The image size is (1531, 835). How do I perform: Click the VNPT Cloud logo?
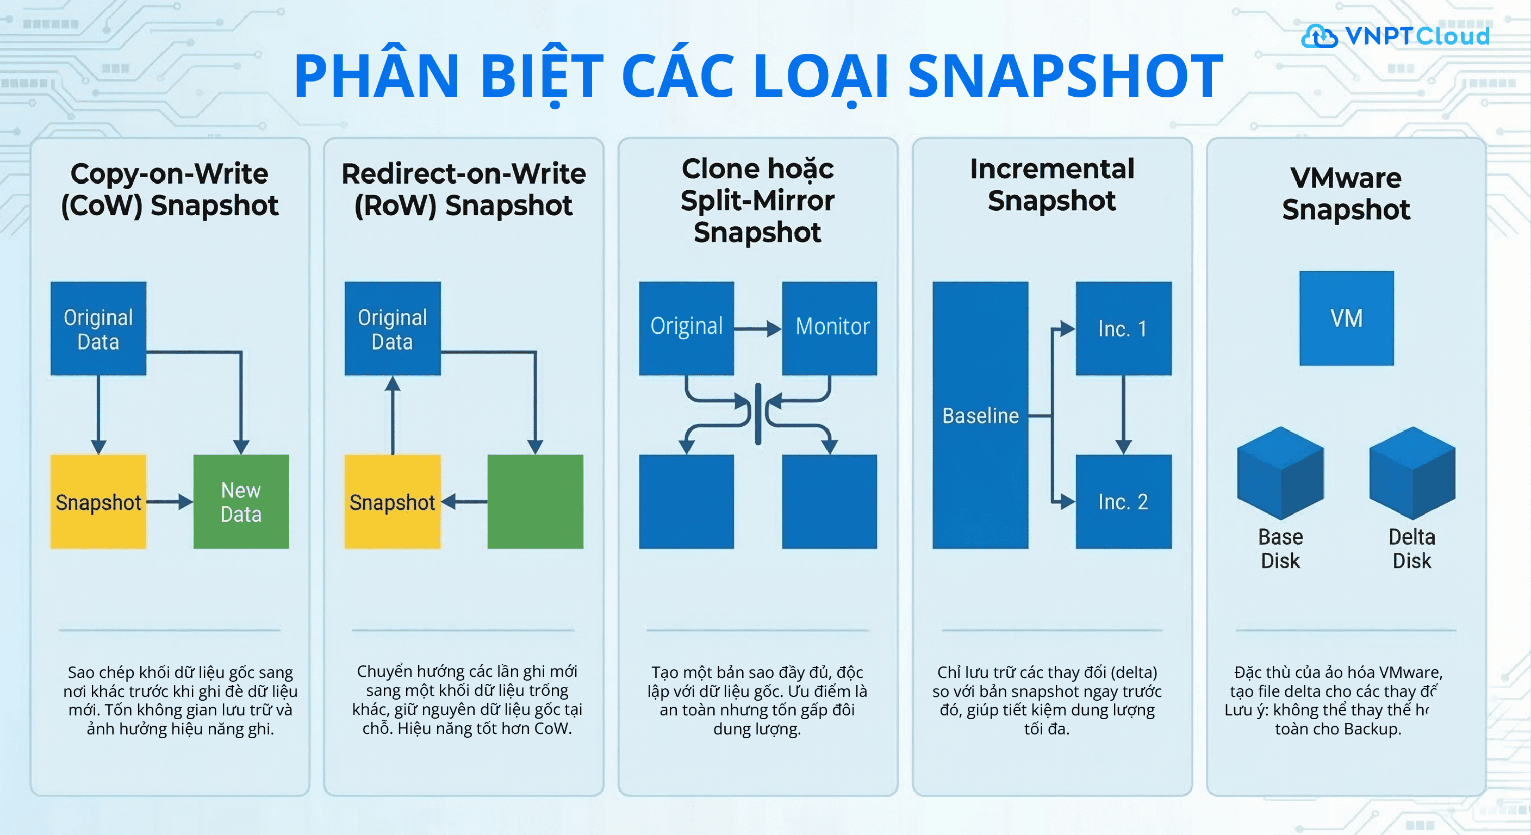pos(1395,36)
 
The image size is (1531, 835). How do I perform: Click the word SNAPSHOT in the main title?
pos(1065,76)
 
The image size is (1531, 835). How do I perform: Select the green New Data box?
pos(241,502)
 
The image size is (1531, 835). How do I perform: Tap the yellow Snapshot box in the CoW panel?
pos(98,502)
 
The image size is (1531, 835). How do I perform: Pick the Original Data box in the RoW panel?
pos(392,329)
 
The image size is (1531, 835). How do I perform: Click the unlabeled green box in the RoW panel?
pos(535,502)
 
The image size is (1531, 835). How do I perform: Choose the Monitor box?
pos(829,329)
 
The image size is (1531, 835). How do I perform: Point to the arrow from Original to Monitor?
pos(757,329)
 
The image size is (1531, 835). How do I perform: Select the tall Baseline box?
pos(980,415)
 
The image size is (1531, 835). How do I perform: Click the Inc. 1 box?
pos(1123,329)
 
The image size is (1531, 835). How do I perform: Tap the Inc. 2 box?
pos(1123,502)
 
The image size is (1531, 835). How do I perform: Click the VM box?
pos(1346,319)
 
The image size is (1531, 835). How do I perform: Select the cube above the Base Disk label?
pos(1280,473)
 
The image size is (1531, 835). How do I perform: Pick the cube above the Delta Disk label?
pos(1412,473)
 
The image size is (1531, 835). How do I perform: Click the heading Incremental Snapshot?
pos(1052,185)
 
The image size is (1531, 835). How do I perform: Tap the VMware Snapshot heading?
pos(1346,194)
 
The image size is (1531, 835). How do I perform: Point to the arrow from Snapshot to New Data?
pos(170,502)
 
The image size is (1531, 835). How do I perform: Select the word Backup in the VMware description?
pos(1371,729)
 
